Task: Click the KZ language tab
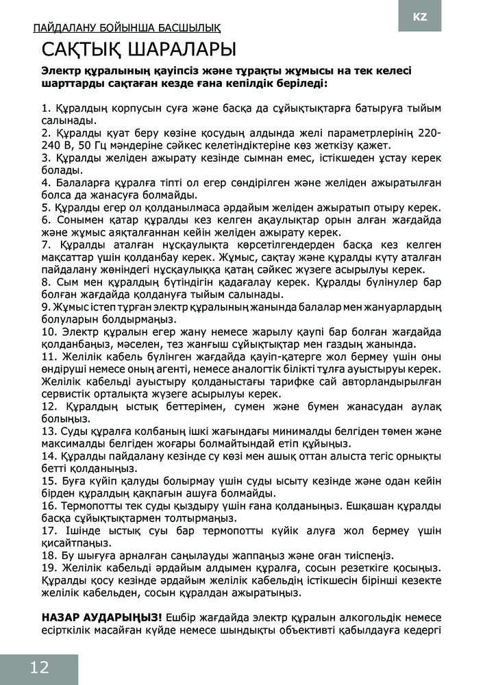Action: click(420, 16)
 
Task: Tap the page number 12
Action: click(39, 668)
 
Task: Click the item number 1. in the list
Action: click(47, 108)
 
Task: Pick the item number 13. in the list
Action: click(50, 431)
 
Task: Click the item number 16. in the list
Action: click(50, 506)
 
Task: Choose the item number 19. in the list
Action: click(50, 568)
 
